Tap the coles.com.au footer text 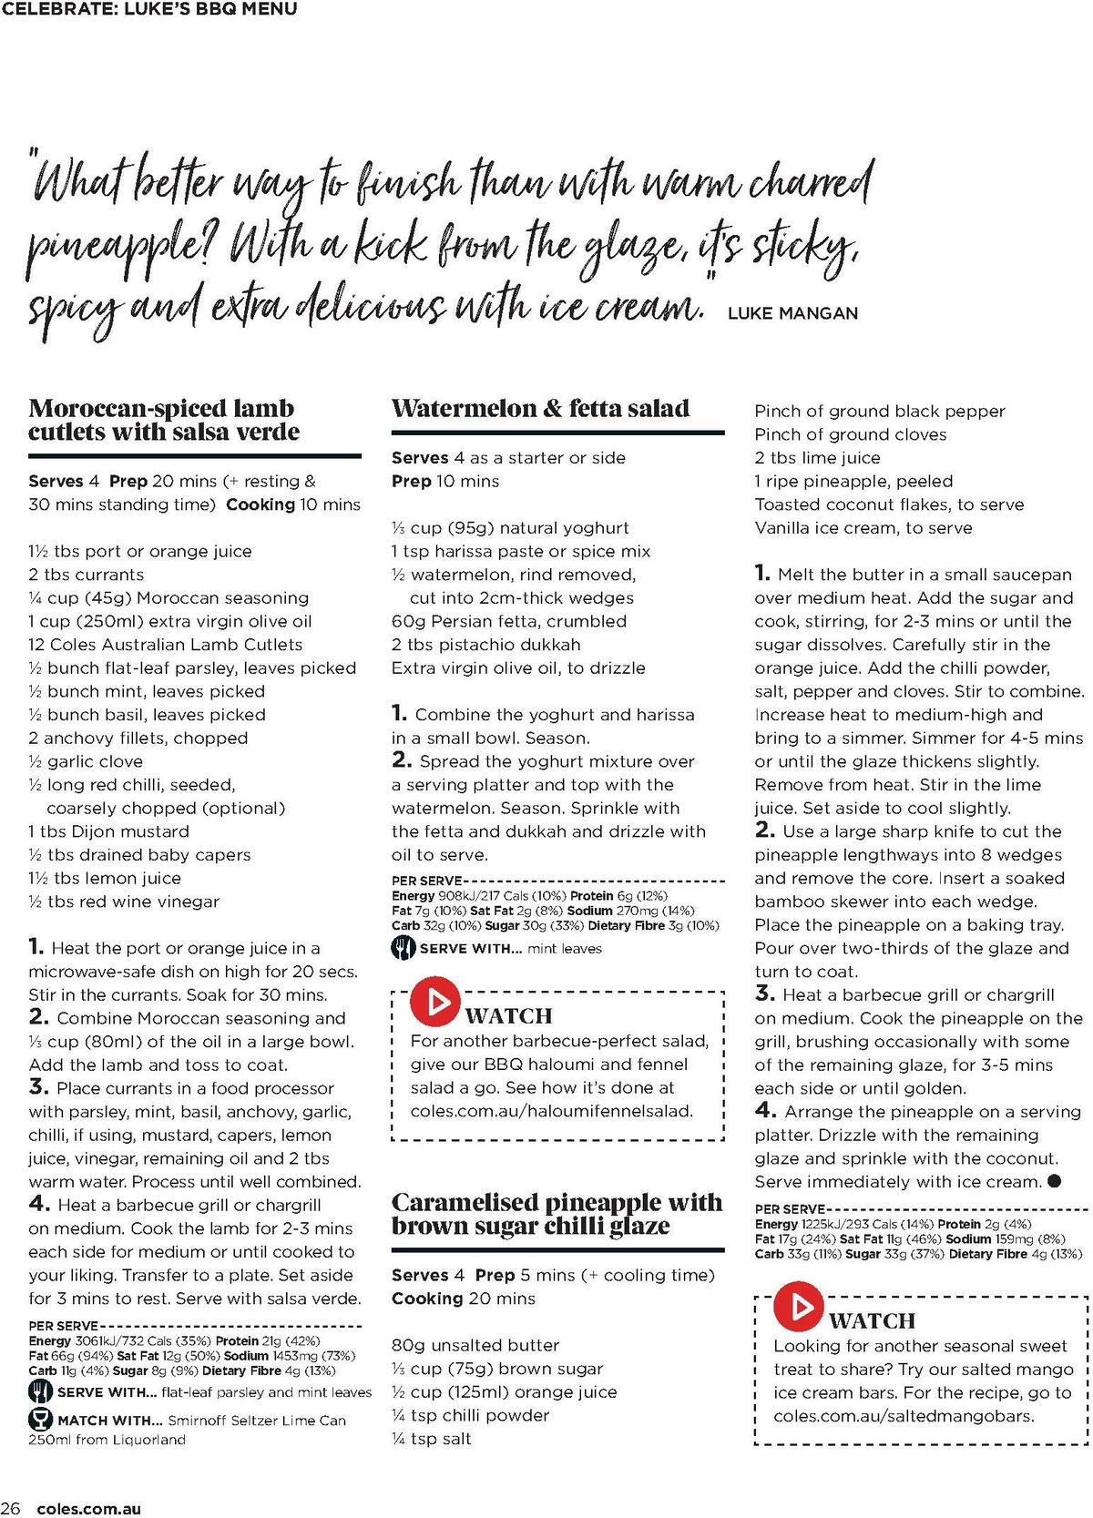[89, 1509]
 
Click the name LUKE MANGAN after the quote [792, 313]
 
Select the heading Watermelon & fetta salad [540, 409]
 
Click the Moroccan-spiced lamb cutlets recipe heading [164, 420]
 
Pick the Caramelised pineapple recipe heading [556, 1214]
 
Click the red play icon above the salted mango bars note [799, 1308]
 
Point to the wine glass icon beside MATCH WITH [40, 1419]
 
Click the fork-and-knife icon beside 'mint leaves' [403, 948]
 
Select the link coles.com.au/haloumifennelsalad [551, 1111]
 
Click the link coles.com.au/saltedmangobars [904, 1416]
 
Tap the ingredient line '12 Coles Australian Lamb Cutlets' [165, 645]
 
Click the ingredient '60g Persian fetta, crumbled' [508, 621]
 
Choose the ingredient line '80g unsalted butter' [475, 1345]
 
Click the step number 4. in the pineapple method [765, 1110]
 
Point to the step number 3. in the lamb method [38, 1087]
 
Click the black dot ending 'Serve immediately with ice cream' [1054, 1181]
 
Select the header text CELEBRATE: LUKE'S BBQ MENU [148, 10]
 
